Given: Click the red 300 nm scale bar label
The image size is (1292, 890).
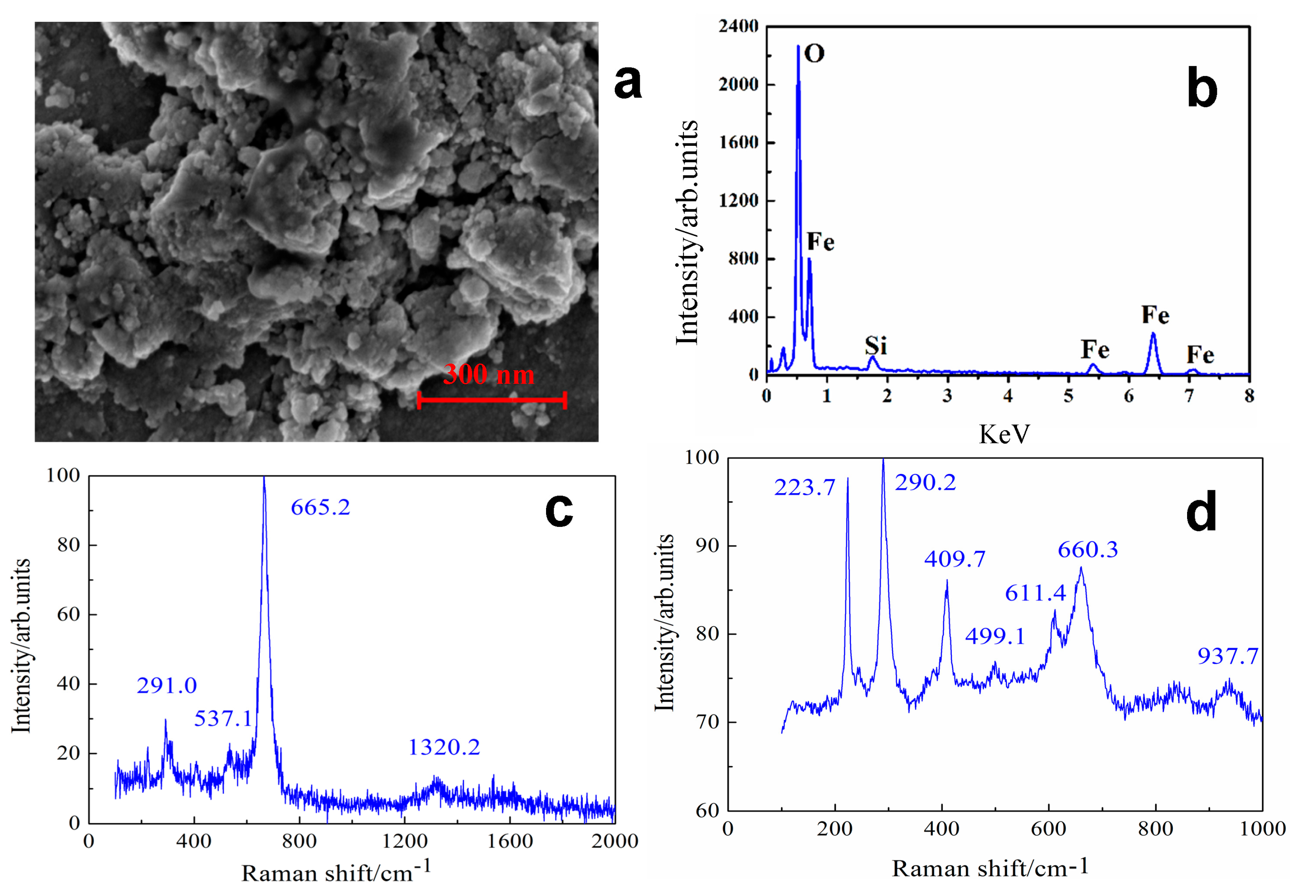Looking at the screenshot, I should click(488, 374).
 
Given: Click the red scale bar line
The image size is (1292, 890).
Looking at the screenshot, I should click(492, 400).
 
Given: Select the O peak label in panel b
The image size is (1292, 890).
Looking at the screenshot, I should click(814, 54).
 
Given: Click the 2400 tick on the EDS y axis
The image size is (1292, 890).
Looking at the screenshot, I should click(738, 26).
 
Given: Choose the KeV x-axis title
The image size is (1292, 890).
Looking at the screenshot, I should click(1004, 434).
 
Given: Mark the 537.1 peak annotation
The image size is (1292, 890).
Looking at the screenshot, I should click(223, 719).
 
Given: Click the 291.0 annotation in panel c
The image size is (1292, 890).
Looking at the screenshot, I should click(167, 685).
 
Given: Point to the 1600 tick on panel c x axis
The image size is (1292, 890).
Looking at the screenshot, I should click(509, 840).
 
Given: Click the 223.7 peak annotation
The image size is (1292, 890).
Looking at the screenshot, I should click(804, 488).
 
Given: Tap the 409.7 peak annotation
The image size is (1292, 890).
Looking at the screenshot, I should click(955, 559).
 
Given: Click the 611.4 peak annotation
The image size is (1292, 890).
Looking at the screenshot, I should click(1035, 593).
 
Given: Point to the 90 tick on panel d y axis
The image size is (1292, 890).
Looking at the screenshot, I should click(708, 546).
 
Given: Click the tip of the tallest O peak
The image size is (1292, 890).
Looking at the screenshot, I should click(798, 46).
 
